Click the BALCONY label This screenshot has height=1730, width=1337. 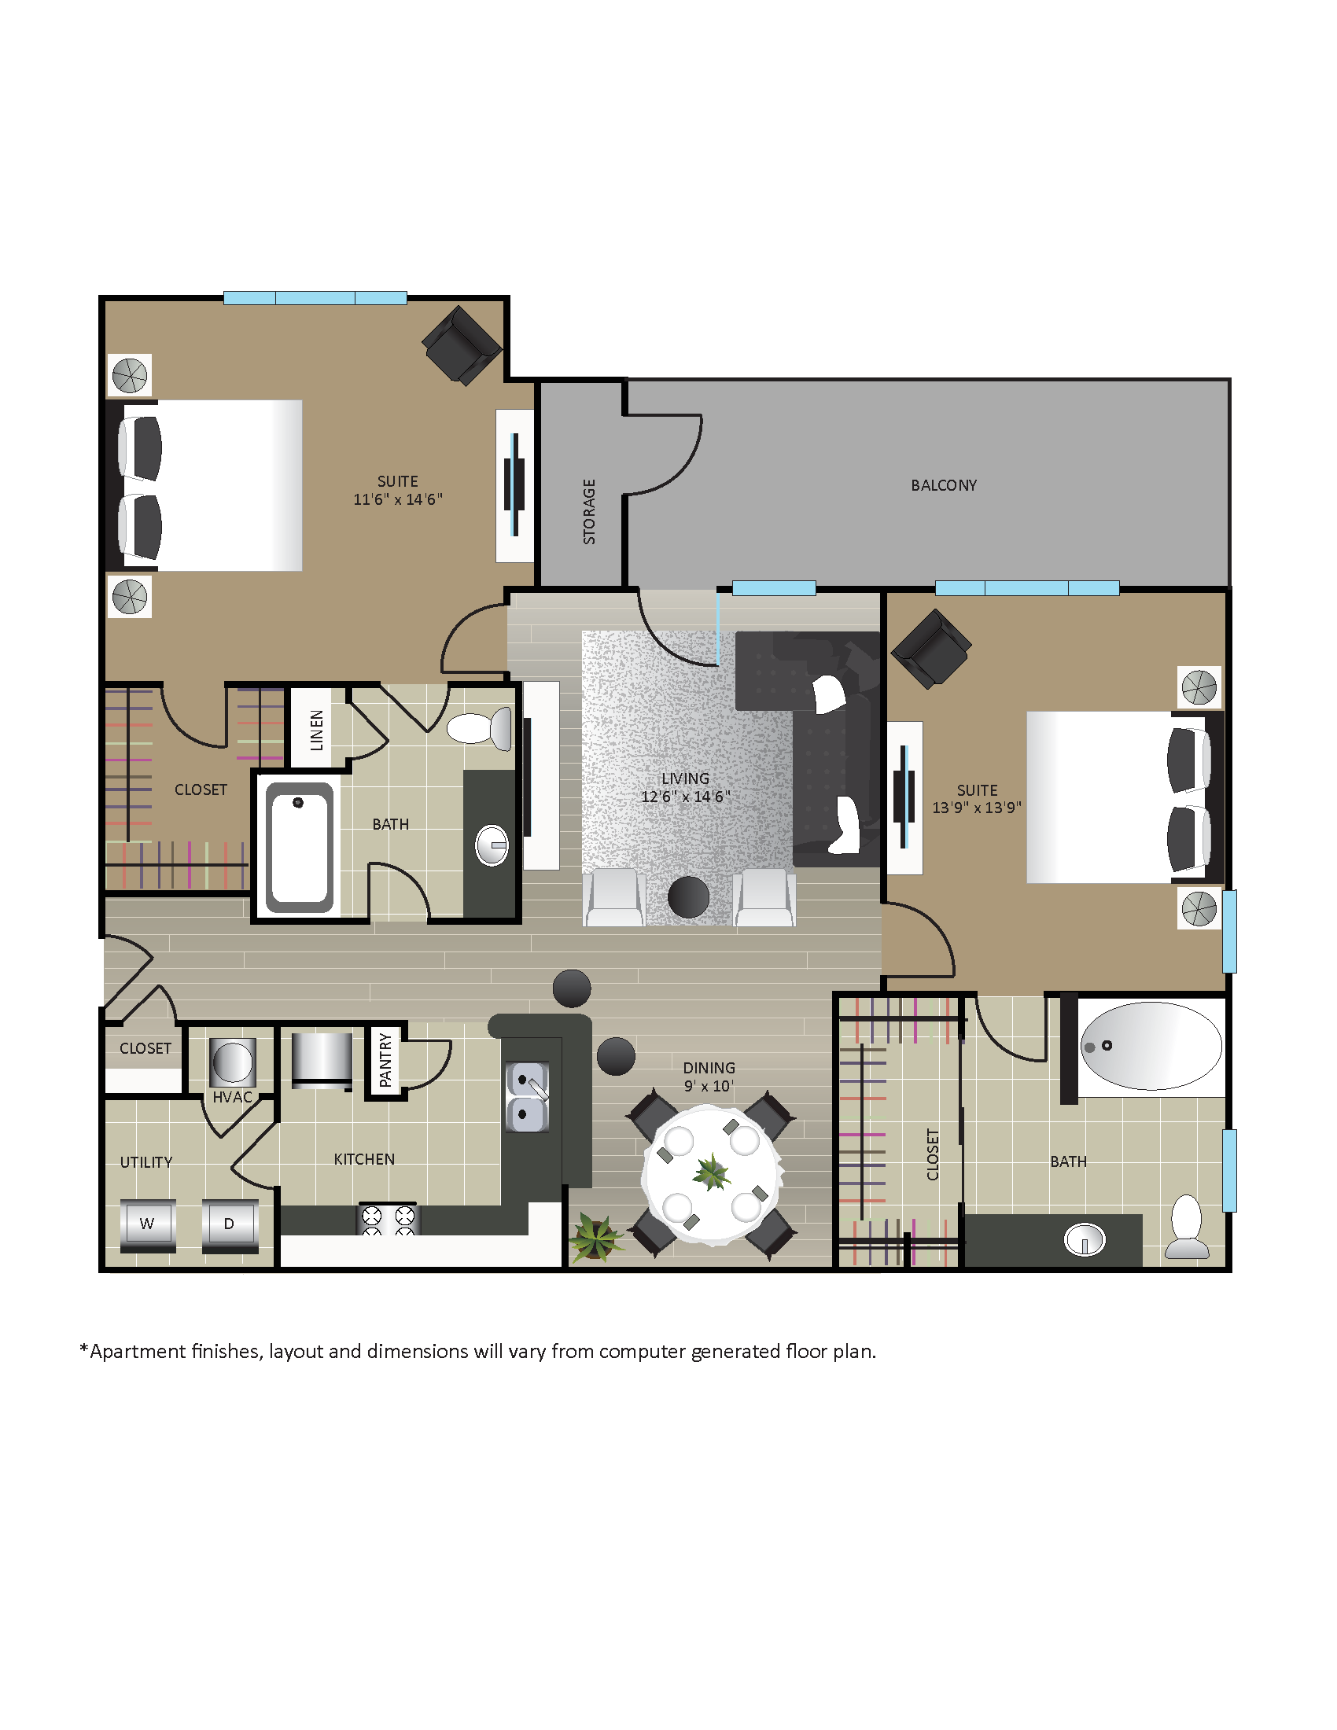(x=942, y=484)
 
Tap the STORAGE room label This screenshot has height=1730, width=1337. (x=588, y=511)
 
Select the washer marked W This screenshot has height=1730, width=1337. (x=147, y=1224)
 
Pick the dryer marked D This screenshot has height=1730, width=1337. (x=230, y=1224)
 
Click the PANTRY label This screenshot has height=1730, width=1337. (x=385, y=1059)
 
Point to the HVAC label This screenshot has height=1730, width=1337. (x=232, y=1097)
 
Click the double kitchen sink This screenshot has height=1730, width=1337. (x=527, y=1097)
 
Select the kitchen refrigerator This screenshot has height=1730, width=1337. (x=322, y=1060)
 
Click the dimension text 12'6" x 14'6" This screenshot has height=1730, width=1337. (x=685, y=797)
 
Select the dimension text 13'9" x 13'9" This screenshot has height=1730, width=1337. (x=976, y=808)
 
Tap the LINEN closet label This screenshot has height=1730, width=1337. (x=317, y=730)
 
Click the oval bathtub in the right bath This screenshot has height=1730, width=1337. (x=1151, y=1046)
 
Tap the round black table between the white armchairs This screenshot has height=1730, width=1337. (x=688, y=896)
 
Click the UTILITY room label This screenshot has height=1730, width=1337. (x=145, y=1162)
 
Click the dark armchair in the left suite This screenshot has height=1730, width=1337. (x=462, y=345)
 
